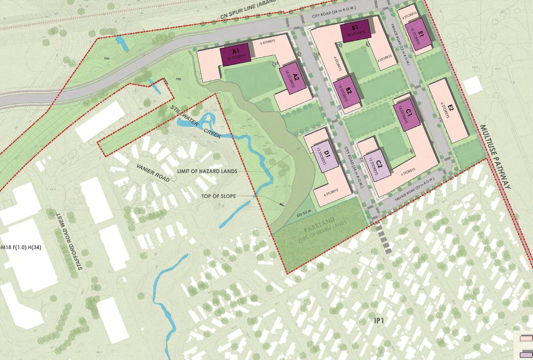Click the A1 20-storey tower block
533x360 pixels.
click(235, 54)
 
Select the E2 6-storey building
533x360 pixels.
click(449, 110)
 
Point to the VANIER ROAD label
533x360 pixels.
click(153, 172)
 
